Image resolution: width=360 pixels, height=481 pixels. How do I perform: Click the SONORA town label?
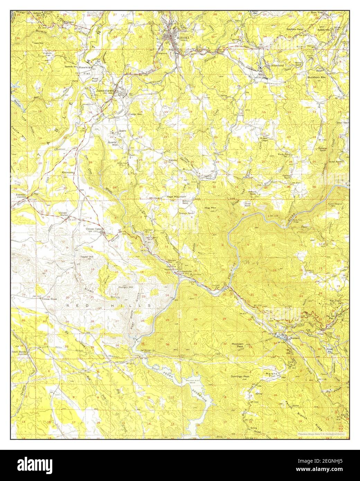point(183,37)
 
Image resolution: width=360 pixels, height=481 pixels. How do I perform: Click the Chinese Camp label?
point(94,229)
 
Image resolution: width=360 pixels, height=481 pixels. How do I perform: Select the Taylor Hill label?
point(87,257)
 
